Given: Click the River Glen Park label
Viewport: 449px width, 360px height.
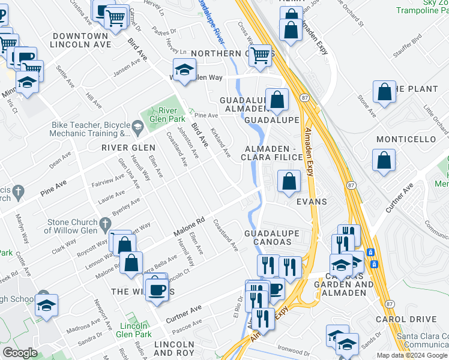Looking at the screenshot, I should pos(170,114).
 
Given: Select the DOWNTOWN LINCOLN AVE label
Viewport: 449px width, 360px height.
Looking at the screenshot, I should pos(80,40).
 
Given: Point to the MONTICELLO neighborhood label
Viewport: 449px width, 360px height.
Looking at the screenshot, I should pos(406,139).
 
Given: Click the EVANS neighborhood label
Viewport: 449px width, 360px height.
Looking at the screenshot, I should pos(312,202).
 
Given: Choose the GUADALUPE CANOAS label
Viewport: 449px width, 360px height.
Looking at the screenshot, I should pos(268,237).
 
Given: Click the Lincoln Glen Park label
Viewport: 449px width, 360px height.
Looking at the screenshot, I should pos(133,329).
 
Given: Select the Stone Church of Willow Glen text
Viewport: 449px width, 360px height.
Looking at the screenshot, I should pos(71,226).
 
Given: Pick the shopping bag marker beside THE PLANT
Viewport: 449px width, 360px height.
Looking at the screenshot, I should pos(384,92).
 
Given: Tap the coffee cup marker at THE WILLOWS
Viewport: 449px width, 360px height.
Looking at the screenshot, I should pos(158,289).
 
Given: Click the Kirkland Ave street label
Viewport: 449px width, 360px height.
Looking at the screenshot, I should pos(220,144).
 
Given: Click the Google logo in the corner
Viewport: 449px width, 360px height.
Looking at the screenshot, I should pos(20,352).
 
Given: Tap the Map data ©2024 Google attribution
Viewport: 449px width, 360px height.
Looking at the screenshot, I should pos(412,355).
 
